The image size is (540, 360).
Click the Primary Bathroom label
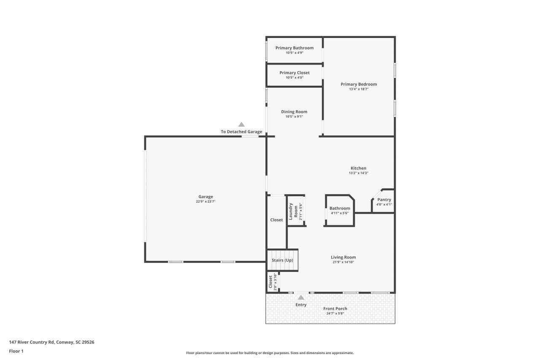coord(294,48)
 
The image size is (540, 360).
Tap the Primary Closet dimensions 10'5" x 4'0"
coord(294,78)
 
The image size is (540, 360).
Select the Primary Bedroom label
coord(359,84)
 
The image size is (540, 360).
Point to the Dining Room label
coord(294,112)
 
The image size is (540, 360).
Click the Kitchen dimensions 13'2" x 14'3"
coord(358,173)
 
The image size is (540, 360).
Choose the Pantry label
coord(384,200)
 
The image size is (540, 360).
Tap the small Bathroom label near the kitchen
coord(340,208)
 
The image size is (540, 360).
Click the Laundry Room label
coord(293,211)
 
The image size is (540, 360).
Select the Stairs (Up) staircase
coord(282,260)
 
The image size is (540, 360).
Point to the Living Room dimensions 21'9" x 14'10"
coord(343,262)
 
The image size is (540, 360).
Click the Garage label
coord(205,197)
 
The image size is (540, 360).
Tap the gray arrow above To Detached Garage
coord(241,125)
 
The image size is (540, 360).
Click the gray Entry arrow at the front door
coord(301,298)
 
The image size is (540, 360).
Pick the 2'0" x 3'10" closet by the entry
coord(273,282)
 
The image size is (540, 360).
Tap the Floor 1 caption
coord(16,351)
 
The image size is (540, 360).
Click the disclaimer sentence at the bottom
coord(270,353)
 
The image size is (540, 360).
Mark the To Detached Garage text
coord(241,132)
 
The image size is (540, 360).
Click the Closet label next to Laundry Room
coord(276,220)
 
